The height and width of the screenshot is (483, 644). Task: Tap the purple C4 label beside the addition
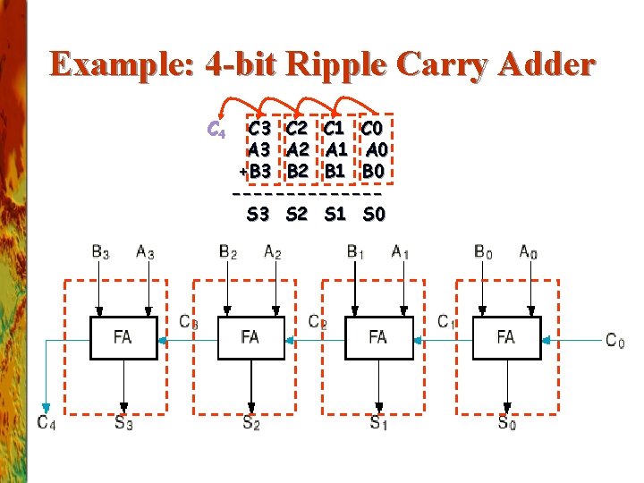(x=216, y=131)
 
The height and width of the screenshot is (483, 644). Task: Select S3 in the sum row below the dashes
(x=259, y=214)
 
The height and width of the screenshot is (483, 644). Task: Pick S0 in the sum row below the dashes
(x=374, y=214)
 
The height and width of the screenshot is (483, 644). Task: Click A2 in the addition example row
(x=297, y=149)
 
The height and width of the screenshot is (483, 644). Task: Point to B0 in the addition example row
(x=374, y=169)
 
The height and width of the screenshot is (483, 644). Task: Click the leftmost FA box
(x=123, y=337)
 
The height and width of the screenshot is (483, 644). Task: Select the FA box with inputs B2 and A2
(x=250, y=337)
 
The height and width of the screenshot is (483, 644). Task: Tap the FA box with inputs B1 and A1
(x=378, y=337)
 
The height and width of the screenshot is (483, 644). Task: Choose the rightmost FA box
(x=506, y=337)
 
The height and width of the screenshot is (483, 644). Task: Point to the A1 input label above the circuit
(x=401, y=252)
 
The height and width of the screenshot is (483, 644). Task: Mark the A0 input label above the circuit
(x=530, y=252)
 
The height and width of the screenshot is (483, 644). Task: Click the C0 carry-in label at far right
(x=615, y=340)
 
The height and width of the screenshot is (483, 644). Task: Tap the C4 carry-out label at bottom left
(x=47, y=423)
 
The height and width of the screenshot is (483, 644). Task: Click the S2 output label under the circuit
(x=251, y=423)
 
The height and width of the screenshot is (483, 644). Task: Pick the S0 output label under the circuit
(x=507, y=423)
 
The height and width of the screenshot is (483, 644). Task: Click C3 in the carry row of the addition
(x=260, y=131)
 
